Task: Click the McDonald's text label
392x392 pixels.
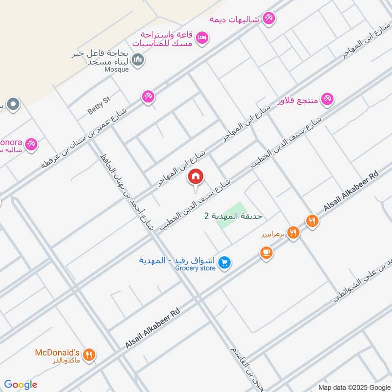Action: click(x=57, y=352)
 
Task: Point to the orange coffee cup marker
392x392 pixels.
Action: click(x=266, y=252)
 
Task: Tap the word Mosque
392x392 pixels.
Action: click(x=117, y=70)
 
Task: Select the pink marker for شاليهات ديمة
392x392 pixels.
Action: click(x=268, y=19)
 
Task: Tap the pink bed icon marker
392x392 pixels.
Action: click(x=202, y=37)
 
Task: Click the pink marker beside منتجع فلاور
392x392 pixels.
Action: click(x=328, y=98)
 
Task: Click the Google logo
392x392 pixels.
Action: click(x=21, y=385)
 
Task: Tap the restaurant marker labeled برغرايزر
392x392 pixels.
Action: click(x=293, y=233)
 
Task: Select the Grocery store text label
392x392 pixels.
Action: click(x=196, y=268)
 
